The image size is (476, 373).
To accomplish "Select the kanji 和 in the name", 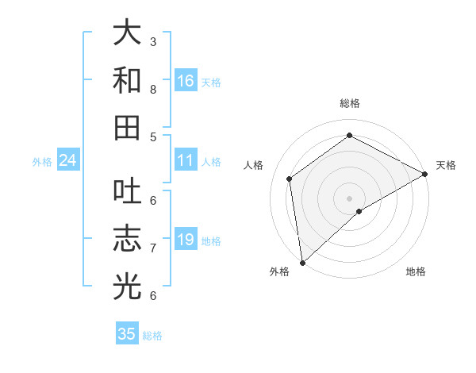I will pos(127,80).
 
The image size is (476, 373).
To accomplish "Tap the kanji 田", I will pos(127,127).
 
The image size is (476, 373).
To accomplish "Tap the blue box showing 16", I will pos(186,80).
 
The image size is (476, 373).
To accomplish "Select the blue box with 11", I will pos(186,161).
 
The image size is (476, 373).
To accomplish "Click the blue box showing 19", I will pos(186,240).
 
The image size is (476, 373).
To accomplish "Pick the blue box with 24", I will pos(67,161).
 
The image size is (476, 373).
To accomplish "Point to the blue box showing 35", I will pos(127,334).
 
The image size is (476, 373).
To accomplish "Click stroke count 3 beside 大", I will pos(153,41).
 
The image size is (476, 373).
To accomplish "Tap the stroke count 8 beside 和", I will pos(153,89).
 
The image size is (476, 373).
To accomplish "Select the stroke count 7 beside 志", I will pos(153,248).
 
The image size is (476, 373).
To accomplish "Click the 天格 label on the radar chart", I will pos(446,165).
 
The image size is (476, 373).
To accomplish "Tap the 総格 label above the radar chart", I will pos(349,103).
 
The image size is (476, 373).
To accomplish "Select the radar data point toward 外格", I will pos(302,262).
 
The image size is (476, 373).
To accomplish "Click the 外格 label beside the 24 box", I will pos(42,162).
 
